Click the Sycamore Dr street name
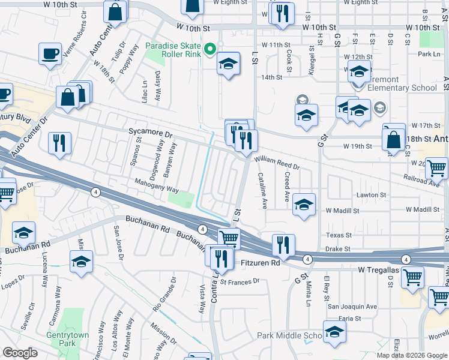click(x=150, y=130)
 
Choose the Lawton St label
click(x=372, y=195)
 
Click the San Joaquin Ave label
click(x=352, y=307)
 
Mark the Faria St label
click(x=349, y=319)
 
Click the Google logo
click(x=20, y=353)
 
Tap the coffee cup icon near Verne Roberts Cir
click(x=49, y=53)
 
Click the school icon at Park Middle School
click(x=334, y=331)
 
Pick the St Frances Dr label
click(x=240, y=281)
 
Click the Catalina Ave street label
click(x=262, y=191)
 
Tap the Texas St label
click(x=339, y=235)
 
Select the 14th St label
click(x=271, y=77)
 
